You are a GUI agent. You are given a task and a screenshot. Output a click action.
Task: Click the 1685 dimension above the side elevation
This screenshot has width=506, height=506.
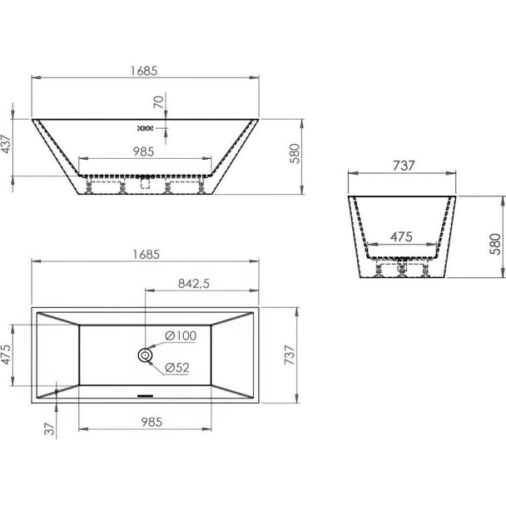[144, 71]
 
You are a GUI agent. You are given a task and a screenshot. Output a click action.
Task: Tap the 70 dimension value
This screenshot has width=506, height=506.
[159, 102]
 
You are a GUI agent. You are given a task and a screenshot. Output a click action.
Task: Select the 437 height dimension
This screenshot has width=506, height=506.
[6, 145]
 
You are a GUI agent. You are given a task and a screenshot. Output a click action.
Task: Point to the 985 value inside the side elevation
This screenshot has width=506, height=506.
[144, 151]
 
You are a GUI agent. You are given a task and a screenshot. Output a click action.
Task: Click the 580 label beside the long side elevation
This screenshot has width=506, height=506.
[295, 154]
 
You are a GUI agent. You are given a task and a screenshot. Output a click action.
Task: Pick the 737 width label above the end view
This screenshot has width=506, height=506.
[404, 166]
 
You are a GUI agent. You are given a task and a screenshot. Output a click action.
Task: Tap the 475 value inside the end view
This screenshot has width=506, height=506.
[401, 237]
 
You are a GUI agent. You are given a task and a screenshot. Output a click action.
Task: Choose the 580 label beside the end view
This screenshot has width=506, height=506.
[495, 244]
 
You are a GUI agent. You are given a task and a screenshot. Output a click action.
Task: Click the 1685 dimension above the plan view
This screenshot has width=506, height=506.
[146, 255]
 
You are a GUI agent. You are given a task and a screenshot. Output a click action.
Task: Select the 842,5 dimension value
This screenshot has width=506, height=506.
[194, 284]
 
